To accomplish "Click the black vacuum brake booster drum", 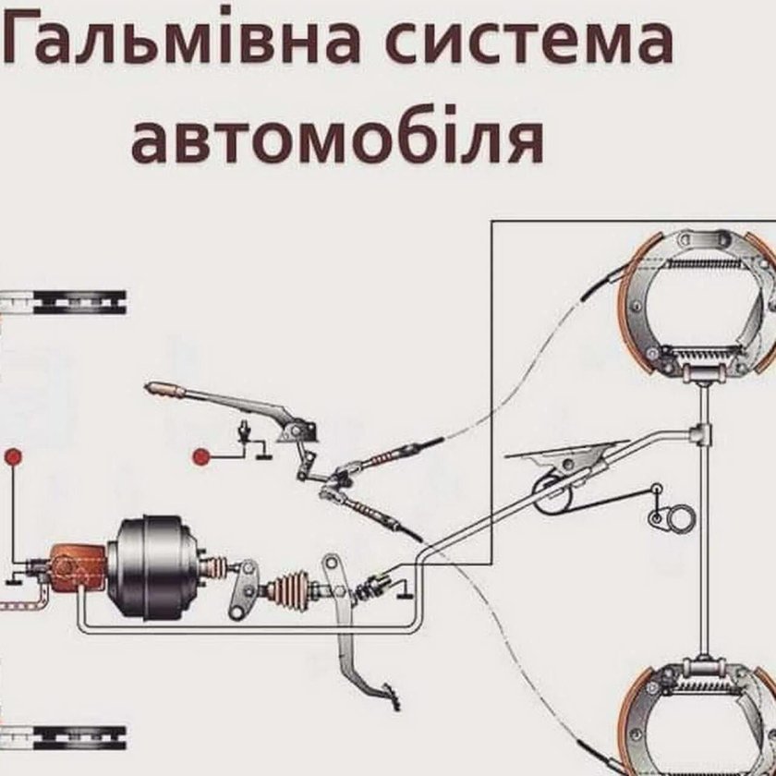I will coord(153,567).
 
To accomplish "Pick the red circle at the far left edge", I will coord(12,456).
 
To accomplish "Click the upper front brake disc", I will coord(65,301).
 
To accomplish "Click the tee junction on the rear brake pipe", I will coord(703,431).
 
